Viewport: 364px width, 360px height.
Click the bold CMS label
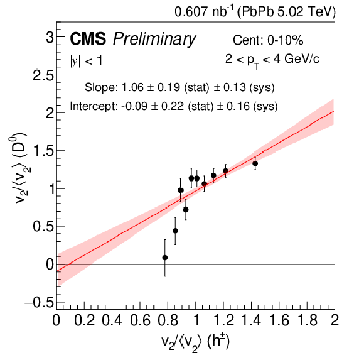88,38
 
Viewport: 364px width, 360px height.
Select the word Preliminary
154,40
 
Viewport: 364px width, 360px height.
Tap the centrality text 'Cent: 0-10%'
268,40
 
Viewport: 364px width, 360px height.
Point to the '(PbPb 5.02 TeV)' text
286,12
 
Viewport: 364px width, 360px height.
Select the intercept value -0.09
134,106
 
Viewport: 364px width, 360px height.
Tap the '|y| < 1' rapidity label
86,61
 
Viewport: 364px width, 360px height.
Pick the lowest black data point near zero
165,258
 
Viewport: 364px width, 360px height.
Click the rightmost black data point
255,163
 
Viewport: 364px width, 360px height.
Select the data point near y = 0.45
175,231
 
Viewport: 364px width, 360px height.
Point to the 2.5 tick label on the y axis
43,75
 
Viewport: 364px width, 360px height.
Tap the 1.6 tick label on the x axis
279,320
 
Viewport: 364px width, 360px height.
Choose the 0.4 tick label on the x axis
112,320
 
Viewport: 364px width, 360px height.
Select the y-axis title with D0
18,168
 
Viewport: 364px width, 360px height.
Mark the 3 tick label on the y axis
50,38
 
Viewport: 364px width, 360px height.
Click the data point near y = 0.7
186,210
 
